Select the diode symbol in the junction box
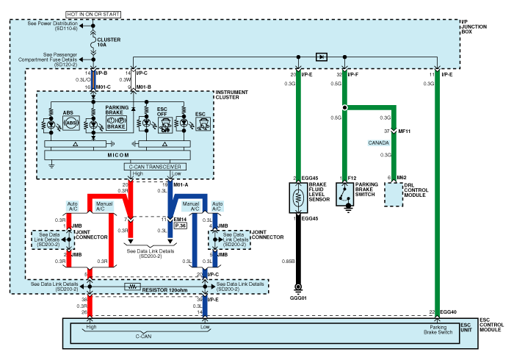(321, 56)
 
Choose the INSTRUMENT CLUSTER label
(234, 96)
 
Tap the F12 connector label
(352, 178)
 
